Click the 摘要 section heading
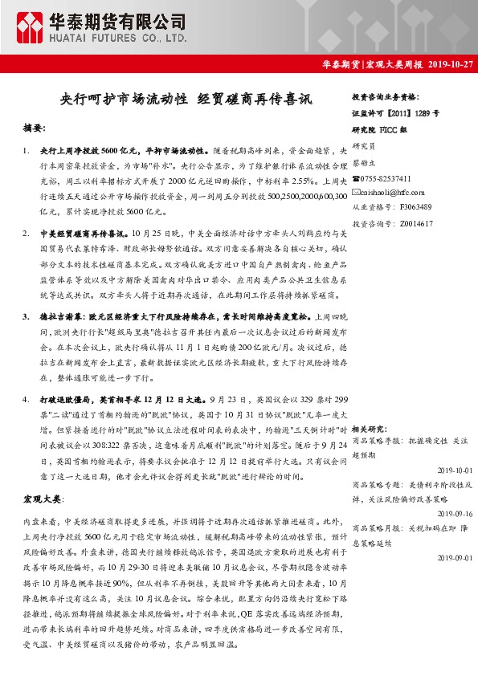coord(35,128)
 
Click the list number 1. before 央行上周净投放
coord(28,150)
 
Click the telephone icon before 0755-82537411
coord(357,178)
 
